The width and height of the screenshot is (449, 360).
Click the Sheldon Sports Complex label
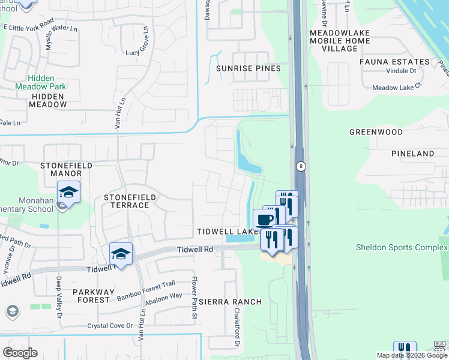(398, 247)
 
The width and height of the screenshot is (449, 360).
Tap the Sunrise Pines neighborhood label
(249, 68)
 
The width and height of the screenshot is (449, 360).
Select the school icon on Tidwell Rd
(121, 254)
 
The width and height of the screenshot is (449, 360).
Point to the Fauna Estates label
(394, 62)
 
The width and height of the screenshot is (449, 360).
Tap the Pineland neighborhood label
(412, 154)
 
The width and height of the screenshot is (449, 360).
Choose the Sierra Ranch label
(231, 302)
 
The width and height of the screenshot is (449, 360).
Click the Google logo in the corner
(20, 353)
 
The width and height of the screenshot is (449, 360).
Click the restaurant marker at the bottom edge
(405, 350)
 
